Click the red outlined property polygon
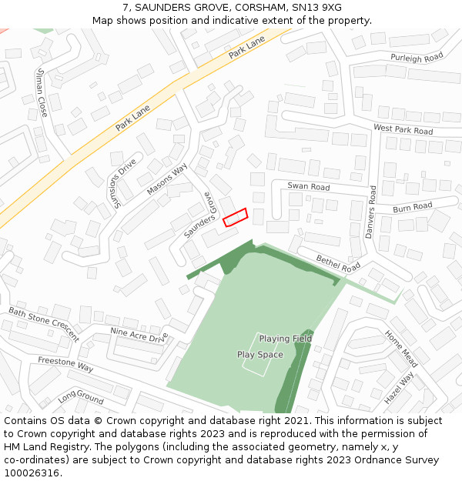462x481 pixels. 235,217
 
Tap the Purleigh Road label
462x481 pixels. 417,58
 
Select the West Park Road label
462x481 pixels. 403,129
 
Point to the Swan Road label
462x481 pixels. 308,187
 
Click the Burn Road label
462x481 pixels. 412,208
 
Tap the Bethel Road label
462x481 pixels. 338,262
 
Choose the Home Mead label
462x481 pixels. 400,348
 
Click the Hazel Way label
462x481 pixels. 399,387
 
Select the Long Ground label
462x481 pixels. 80,398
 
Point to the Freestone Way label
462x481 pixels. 65,364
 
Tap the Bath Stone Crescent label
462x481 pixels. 44,324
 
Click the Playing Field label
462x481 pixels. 285,339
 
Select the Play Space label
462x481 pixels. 259,355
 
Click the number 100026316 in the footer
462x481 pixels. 32,473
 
